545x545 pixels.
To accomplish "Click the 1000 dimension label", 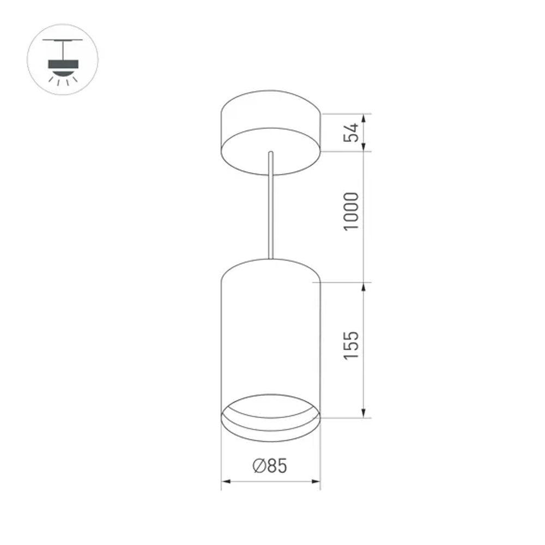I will click(x=352, y=211).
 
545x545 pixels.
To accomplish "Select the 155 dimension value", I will click(x=352, y=344).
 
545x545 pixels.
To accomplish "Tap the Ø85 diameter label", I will click(x=269, y=466).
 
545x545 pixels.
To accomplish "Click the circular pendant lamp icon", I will click(x=63, y=59).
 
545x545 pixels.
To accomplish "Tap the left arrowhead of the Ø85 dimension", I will click(x=225, y=481).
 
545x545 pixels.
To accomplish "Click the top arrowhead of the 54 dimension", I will click(x=364, y=117).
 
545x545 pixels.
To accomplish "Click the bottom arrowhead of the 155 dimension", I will click(x=364, y=414).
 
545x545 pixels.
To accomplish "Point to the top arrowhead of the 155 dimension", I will click(x=364, y=287).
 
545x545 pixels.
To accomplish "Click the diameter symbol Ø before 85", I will click(x=259, y=466).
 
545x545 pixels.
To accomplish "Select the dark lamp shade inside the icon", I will click(x=63, y=64).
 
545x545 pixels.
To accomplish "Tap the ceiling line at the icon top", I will click(x=63, y=41).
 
